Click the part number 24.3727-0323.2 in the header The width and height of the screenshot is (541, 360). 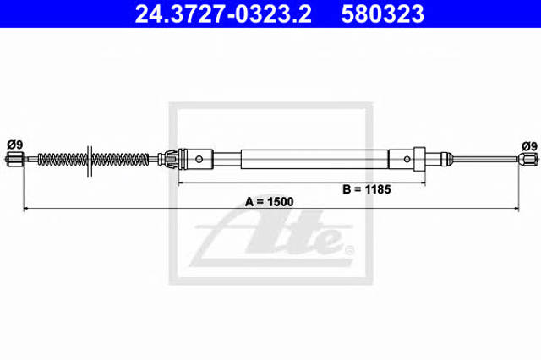click(223, 14)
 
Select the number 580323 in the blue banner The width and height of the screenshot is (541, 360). click(382, 14)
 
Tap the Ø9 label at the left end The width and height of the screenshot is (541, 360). click(15, 145)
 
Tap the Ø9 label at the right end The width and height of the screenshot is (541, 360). click(530, 146)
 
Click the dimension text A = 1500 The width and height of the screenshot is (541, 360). click(269, 202)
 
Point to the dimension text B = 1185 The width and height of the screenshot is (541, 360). click(366, 189)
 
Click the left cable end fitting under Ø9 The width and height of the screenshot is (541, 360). click(14, 160)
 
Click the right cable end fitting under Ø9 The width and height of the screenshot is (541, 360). click(527, 159)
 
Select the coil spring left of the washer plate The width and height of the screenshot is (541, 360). click(63, 160)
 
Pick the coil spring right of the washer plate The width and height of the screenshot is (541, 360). click(121, 160)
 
